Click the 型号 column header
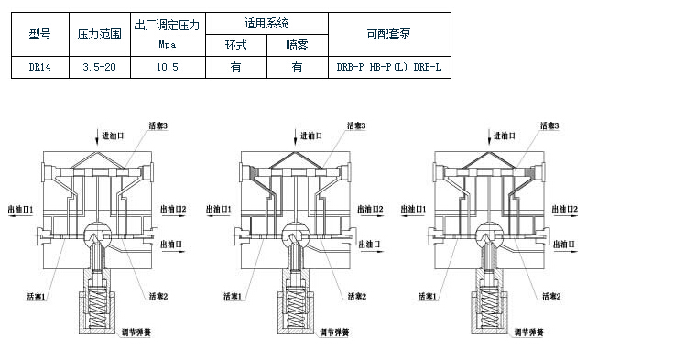(x=40, y=34)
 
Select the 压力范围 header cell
(x=100, y=34)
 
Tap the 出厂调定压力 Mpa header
(x=167, y=34)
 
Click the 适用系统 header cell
(x=266, y=24)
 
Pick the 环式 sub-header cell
(x=235, y=44)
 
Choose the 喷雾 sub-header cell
(x=297, y=44)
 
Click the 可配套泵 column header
(x=390, y=34)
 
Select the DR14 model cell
(x=40, y=67)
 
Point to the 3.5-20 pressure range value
(x=100, y=67)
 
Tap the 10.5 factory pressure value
(x=167, y=67)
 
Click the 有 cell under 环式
(x=235, y=67)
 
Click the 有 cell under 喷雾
(x=297, y=67)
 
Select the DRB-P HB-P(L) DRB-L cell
(x=390, y=67)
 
